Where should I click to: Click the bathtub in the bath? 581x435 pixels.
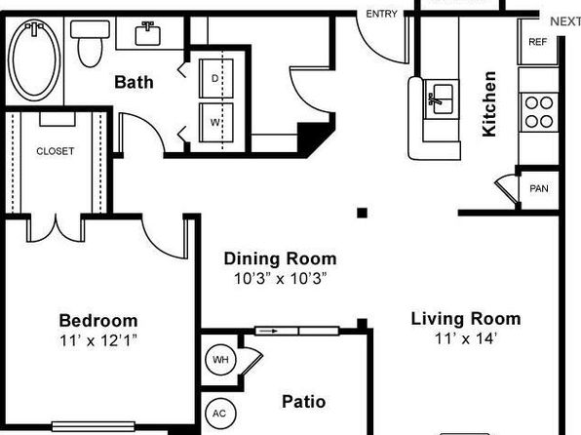pos(34,60)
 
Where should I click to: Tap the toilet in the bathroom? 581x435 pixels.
pos(90,43)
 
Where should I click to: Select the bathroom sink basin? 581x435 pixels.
pos(148,34)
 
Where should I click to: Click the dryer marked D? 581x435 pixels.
pos(216,78)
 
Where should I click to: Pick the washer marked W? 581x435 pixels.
pos(216,122)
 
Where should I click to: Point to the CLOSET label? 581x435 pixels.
pos(56,151)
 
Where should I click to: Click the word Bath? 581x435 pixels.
pos(134,82)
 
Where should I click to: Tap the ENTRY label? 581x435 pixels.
pos(382,14)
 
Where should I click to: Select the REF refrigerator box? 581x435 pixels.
pos(538,42)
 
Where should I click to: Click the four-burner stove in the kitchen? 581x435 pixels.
pos(539,111)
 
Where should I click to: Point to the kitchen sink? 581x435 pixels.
pos(441,99)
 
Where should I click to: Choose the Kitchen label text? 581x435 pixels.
pos(489,104)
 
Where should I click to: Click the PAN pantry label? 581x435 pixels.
pos(539,189)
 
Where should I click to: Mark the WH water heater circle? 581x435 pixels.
pos(220,360)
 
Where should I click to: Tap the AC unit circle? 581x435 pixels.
pos(220,414)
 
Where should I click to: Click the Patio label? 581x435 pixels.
pos(304,402)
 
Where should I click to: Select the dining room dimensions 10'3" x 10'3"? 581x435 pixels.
pos(281,278)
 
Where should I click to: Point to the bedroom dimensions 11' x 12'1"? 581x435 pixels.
pos(98,340)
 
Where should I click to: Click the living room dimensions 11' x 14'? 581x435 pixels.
pos(466,338)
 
